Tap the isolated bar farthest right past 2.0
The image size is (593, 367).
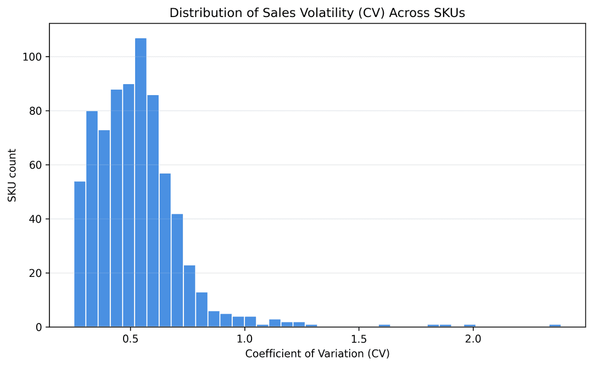pos(555,325)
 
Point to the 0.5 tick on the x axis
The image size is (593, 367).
pos(130,338)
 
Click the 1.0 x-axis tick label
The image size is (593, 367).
pos(244,338)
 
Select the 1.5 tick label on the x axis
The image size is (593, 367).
pos(359,338)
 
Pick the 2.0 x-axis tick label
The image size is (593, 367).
pos(473,338)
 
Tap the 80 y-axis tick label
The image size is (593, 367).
pos(36,111)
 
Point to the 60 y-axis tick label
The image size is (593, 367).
pos(36,165)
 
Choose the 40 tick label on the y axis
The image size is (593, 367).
pos(36,219)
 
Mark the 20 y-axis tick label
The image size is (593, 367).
pos(36,273)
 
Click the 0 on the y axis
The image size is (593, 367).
pos(39,327)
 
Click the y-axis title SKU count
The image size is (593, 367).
pos(12,175)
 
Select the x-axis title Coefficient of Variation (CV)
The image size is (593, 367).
pos(317,354)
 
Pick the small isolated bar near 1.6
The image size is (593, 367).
pos(384,325)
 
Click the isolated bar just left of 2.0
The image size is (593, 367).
pos(469,325)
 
